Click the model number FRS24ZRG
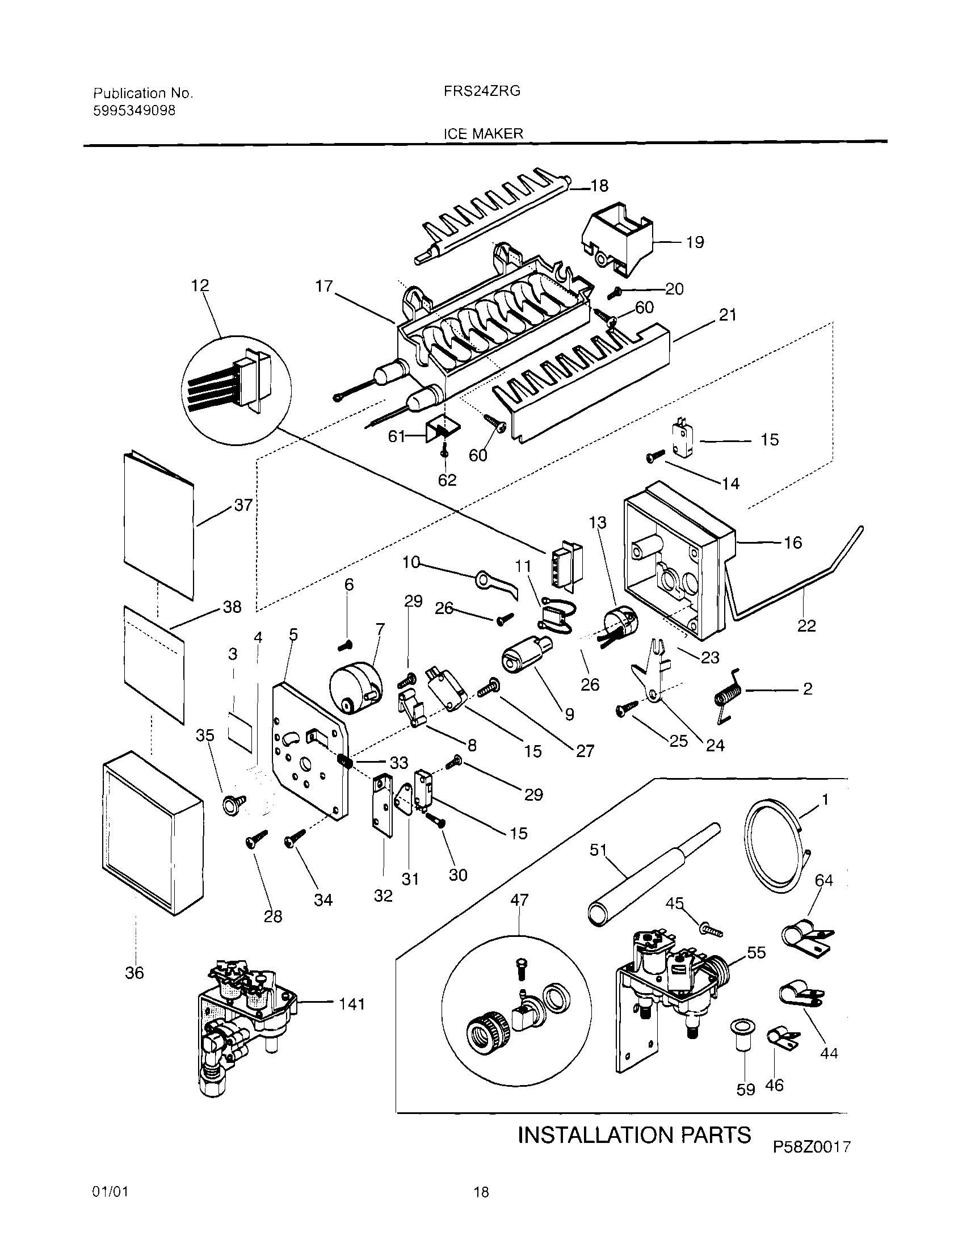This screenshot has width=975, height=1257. [x=482, y=91]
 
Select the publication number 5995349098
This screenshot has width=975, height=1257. [x=134, y=111]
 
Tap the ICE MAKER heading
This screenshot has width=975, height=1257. [x=483, y=133]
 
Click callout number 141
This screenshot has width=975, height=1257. [x=352, y=1004]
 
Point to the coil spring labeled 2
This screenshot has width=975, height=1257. [x=727, y=695]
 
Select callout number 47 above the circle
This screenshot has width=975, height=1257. [x=519, y=899]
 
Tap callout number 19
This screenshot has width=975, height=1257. [x=695, y=242]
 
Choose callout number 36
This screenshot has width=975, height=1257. [x=134, y=973]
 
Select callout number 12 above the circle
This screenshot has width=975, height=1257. [x=200, y=285]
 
